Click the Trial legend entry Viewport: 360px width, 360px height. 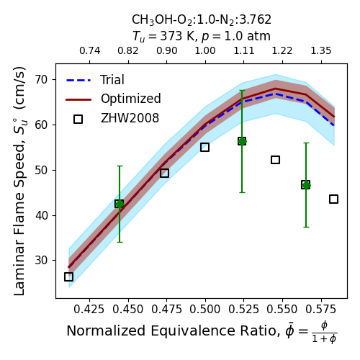click(112, 80)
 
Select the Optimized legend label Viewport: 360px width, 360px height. click(131, 99)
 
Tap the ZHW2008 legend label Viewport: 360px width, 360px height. click(130, 118)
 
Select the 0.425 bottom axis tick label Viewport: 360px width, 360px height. click(89, 310)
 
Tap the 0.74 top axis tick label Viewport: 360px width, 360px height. click(90, 51)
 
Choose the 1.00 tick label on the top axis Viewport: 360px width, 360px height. click(205, 51)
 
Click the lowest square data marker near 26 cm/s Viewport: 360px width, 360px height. click(68, 276)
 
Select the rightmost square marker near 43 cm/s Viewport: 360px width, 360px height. click(334, 199)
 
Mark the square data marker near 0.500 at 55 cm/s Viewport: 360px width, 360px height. click(204, 147)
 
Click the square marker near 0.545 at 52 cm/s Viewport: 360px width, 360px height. click(275, 160)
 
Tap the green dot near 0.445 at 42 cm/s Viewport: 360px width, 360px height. click(120, 204)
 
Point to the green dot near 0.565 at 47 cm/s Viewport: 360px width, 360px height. click(306, 185)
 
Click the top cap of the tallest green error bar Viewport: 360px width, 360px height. click(242, 91)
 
